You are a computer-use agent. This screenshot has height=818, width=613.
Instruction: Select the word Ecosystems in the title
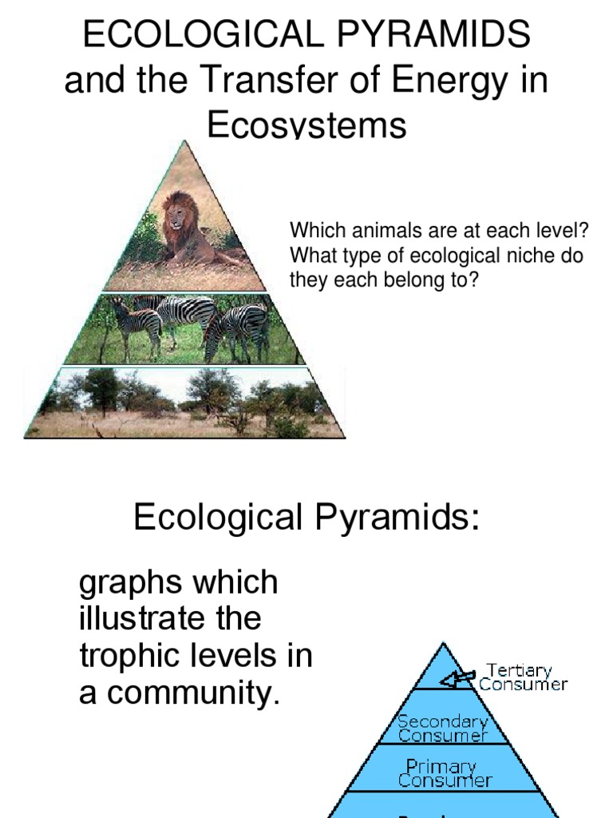pyautogui.click(x=306, y=126)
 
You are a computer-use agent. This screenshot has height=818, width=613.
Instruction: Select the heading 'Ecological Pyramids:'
pyautogui.click(x=306, y=518)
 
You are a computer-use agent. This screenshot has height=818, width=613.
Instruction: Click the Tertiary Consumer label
pyautogui.click(x=523, y=677)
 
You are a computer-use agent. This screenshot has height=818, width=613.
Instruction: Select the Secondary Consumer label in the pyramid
pyautogui.click(x=441, y=728)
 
